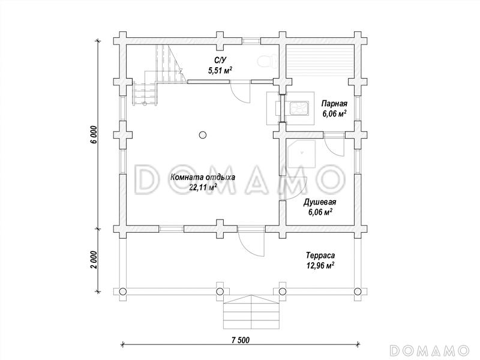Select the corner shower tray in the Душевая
pos(302,154)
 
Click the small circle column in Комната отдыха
pos(202,134)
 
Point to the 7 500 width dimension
pos(241,340)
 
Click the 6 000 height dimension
pos(95,134)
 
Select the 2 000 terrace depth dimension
pos(95,260)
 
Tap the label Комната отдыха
pos(203,177)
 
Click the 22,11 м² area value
pos(203,187)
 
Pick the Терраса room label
pos(320,256)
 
